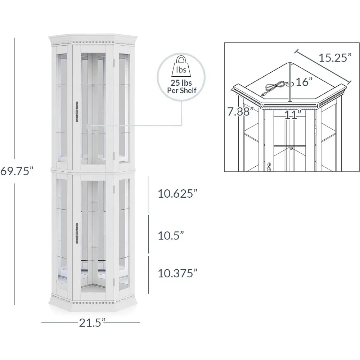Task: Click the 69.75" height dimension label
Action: pos(17,171)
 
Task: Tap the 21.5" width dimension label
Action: pos(92,323)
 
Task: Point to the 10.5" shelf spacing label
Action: pos(171,235)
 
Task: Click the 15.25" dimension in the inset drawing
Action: pos(335,58)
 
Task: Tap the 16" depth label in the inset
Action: pos(304,82)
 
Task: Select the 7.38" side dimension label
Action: pos(240,112)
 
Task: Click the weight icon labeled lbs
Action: pos(181,67)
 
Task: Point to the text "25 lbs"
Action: pos(181,83)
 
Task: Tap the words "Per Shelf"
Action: pos(181,90)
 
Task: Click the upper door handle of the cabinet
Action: pos(77,111)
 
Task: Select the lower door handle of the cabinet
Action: pos(77,233)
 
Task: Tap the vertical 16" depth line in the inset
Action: pos(290,82)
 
